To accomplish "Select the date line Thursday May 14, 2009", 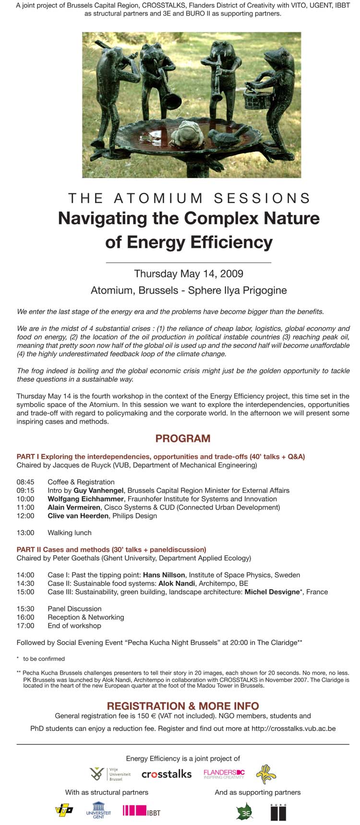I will coord(189,274).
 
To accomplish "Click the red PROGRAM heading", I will coord(183,438).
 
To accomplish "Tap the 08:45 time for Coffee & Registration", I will coord(25,482).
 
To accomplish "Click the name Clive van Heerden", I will coord(78,516).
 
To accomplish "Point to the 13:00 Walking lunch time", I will coord(25,533).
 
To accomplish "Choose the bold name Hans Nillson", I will coord(164,575).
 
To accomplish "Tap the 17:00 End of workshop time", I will coord(25,626).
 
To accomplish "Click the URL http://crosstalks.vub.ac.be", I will coord(293,729).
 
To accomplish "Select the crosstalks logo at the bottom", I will coord(167,774).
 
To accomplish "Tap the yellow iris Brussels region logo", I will coord(266,774).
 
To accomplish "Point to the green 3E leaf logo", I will coord(245,811).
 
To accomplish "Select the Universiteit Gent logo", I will coord(98,811).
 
